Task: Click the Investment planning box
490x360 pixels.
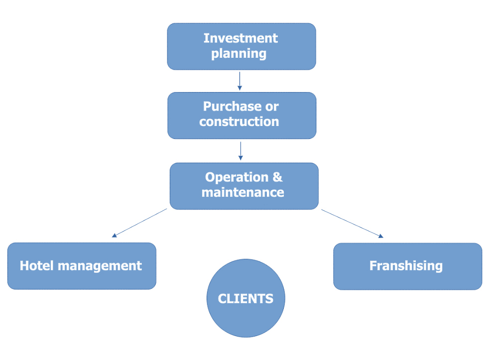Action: click(x=241, y=46)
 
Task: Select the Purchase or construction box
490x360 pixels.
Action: click(x=242, y=115)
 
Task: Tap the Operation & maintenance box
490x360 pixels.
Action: click(x=244, y=186)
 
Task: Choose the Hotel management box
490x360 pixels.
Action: click(x=82, y=266)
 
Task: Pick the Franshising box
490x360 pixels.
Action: click(x=407, y=266)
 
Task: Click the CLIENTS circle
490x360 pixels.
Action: click(x=245, y=298)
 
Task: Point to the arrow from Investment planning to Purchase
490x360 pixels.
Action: click(x=240, y=81)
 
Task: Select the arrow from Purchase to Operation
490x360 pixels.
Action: click(x=241, y=151)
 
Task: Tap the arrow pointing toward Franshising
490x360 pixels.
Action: click(x=352, y=223)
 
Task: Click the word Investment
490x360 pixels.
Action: click(x=241, y=38)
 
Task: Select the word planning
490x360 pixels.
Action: click(x=239, y=53)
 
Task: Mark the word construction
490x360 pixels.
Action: click(x=239, y=121)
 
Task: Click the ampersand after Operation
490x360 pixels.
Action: click(x=277, y=177)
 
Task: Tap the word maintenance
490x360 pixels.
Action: click(x=243, y=192)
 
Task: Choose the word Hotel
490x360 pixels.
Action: click(x=36, y=266)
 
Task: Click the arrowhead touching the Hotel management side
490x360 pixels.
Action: click(x=115, y=235)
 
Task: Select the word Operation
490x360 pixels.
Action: click(x=237, y=177)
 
